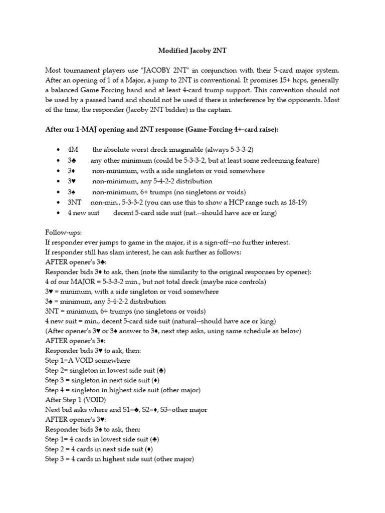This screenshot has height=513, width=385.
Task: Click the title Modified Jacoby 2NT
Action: tap(192, 51)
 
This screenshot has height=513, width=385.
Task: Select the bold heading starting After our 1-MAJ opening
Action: tap(162, 130)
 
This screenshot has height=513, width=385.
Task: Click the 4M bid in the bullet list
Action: tap(73, 150)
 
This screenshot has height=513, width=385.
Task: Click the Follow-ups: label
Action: tap(63, 233)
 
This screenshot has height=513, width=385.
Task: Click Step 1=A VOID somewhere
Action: tap(88, 360)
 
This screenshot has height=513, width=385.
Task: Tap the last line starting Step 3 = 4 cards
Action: tap(119, 459)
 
